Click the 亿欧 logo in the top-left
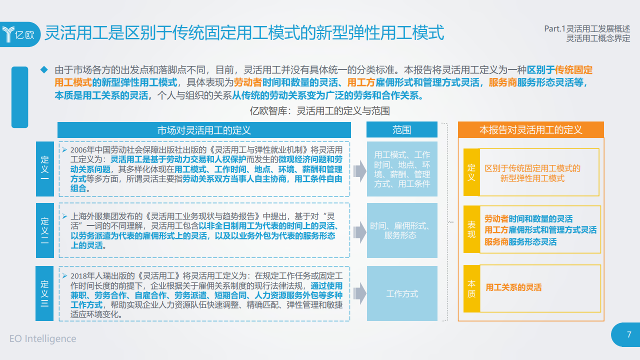[20, 34]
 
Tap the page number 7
[629, 334]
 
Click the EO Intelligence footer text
[43, 338]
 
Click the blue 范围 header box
[401, 130]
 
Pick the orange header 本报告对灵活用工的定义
[530, 130]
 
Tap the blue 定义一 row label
[45, 169]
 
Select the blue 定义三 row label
[45, 293]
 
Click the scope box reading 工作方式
[402, 293]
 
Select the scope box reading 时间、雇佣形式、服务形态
[402, 230]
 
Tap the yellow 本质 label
[471, 288]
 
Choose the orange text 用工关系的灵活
[513, 287]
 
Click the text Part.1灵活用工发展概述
[587, 29]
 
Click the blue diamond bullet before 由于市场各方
[43, 69]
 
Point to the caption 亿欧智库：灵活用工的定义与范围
[319, 111]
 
